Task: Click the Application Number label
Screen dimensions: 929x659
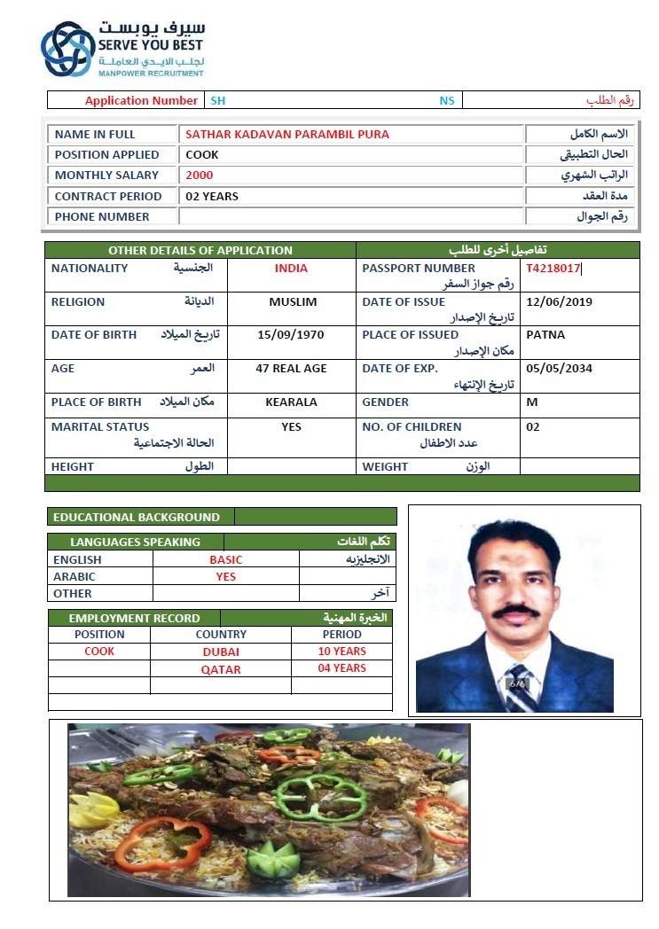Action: (141, 100)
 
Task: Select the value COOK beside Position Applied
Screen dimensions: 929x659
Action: (202, 154)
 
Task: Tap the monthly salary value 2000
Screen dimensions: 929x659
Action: (200, 175)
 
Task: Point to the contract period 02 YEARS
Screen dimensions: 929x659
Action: (212, 196)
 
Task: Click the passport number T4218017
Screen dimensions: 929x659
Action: (553, 268)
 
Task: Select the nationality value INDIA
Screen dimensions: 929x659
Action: (291, 268)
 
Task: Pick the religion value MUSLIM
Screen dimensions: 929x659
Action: (293, 301)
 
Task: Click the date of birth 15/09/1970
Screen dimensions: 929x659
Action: (291, 334)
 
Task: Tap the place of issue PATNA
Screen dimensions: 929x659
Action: (545, 334)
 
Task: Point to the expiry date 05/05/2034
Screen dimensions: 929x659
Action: (559, 368)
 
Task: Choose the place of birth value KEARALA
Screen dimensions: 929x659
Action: (291, 402)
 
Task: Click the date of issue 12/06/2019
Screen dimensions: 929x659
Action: (559, 301)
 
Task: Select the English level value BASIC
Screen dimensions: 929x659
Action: (225, 559)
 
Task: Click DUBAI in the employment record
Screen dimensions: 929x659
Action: (221, 652)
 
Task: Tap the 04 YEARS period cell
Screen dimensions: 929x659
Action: (341, 668)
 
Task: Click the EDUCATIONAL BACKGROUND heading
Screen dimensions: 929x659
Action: (136, 517)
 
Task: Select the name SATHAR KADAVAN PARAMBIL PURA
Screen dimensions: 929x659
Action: (286, 134)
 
